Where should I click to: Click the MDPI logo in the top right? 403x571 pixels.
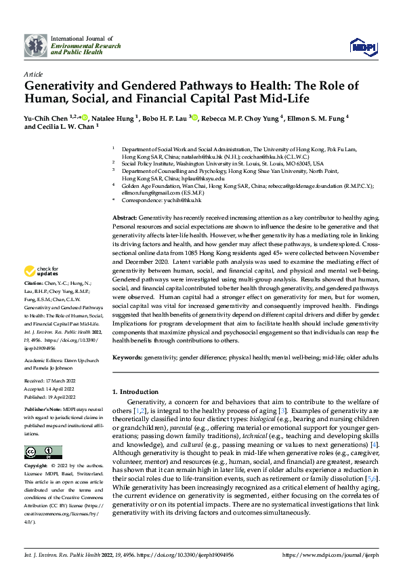[362, 45]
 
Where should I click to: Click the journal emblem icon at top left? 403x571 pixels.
[36, 45]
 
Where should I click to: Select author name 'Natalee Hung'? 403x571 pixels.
[114, 117]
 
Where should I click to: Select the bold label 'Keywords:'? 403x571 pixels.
[127, 357]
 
